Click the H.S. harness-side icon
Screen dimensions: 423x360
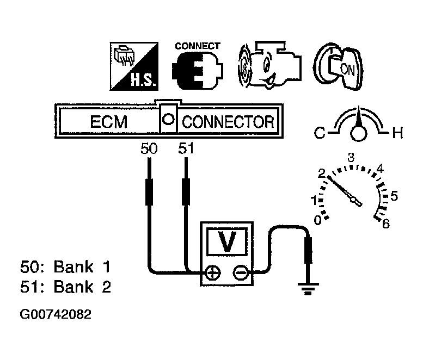[134, 66]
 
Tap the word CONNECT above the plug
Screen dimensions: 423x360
[198, 46]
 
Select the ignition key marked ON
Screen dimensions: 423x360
[339, 66]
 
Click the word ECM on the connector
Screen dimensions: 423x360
[109, 122]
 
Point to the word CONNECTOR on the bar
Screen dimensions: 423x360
[228, 122]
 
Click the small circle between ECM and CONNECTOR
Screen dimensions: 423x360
[168, 119]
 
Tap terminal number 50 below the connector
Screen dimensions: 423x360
[149, 148]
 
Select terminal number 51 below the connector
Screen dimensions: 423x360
[186, 148]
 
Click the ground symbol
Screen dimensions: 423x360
[308, 289]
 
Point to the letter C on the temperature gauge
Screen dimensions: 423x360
[320, 133]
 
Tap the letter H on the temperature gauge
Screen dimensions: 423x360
[397, 133]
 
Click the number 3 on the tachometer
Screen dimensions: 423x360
[351, 157]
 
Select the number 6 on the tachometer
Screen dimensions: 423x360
[386, 224]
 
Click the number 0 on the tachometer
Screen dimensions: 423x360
[318, 220]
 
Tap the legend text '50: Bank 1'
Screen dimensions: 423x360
[65, 267]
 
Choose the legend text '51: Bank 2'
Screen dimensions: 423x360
[65, 287]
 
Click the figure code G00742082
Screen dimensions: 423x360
[56, 314]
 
